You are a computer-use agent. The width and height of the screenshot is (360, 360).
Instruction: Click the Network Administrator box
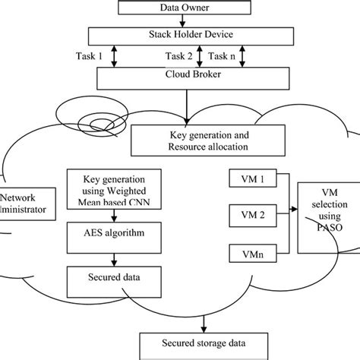(23, 201)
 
